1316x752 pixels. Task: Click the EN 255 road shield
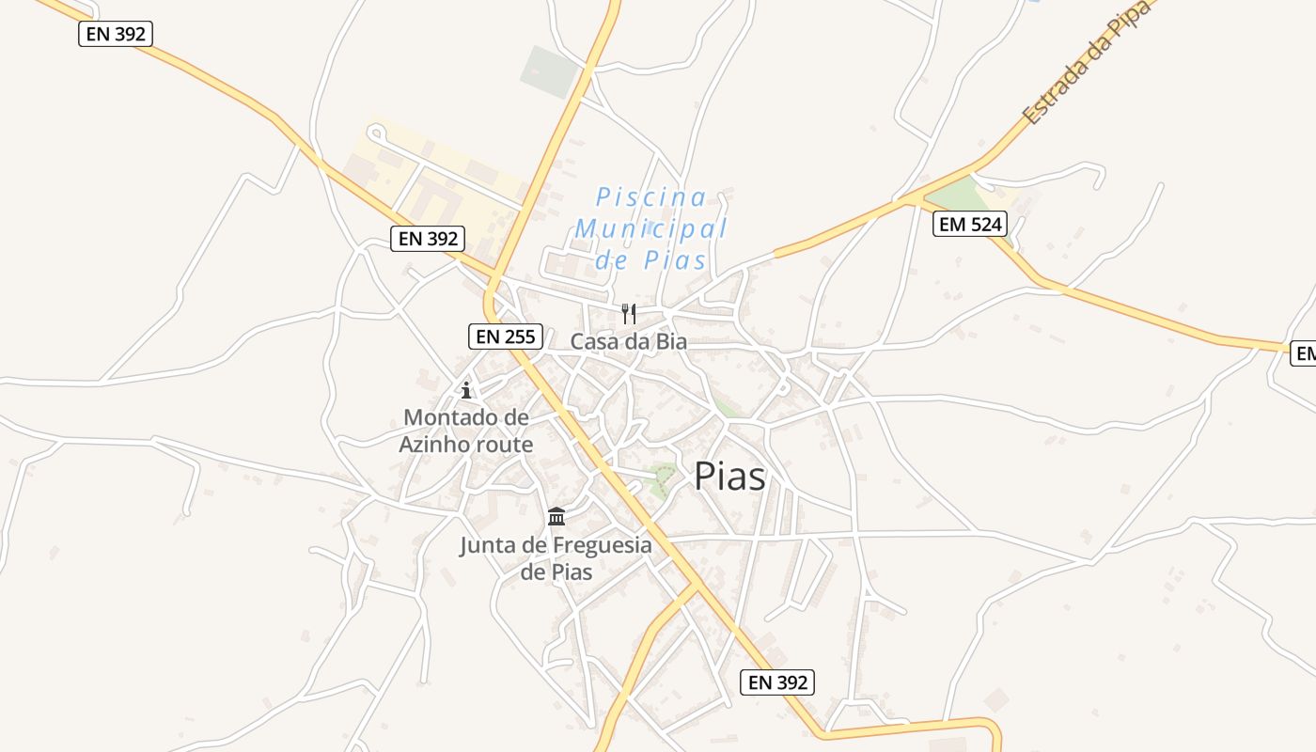(x=505, y=337)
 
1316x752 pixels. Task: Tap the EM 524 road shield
(x=969, y=224)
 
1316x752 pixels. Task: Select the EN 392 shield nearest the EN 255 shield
(x=428, y=239)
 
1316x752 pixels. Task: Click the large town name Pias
(x=729, y=477)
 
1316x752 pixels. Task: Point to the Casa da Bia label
(x=629, y=342)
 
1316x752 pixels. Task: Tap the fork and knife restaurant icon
(x=629, y=313)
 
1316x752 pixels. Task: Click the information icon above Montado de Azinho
(x=465, y=390)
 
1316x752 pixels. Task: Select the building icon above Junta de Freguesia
(x=556, y=517)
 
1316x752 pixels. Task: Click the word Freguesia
(x=601, y=545)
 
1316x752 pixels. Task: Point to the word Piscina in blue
(x=651, y=197)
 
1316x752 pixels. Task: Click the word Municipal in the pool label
(x=651, y=228)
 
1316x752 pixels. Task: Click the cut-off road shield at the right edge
(x=1305, y=352)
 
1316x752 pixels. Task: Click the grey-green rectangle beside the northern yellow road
(x=550, y=71)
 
